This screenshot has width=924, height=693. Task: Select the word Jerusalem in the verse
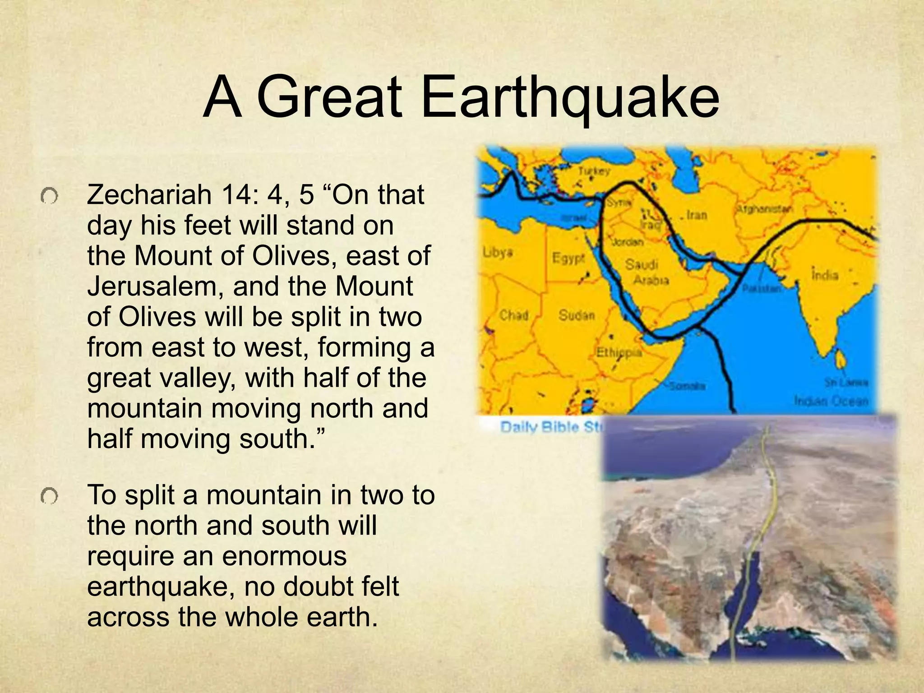pyautogui.click(x=155, y=286)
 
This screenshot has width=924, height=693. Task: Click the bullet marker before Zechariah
pyautogui.click(x=49, y=196)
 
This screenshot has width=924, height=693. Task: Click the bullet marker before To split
pyautogui.click(x=49, y=497)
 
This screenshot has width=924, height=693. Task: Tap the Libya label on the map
pyautogui.click(x=498, y=252)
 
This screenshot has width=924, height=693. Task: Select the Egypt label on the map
pyautogui.click(x=568, y=259)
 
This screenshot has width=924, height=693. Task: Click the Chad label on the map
pyautogui.click(x=513, y=315)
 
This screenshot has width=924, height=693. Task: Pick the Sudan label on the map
pyautogui.click(x=577, y=315)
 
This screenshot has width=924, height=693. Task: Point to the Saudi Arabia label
pyautogui.click(x=646, y=272)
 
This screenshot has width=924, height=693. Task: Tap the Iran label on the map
pyautogui.click(x=697, y=215)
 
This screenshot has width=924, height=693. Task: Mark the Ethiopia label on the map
pyautogui.click(x=619, y=352)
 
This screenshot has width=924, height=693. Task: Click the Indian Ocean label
pyautogui.click(x=831, y=401)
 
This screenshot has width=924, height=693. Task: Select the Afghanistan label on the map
pyautogui.click(x=764, y=209)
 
